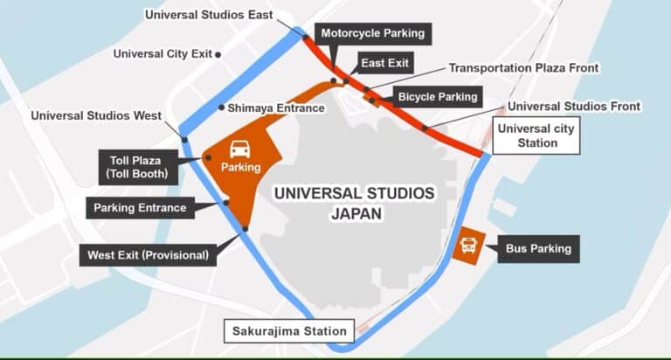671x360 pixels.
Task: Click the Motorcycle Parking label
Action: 372,33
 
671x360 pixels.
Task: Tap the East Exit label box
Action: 385,63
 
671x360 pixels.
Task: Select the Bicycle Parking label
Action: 438,96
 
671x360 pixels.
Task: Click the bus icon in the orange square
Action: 469,245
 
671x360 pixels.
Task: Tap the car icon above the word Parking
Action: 240,149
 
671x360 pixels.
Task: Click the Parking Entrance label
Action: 140,208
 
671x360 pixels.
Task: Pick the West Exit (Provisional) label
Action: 148,256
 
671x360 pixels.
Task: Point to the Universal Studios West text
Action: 95,115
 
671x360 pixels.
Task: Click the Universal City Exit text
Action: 163,54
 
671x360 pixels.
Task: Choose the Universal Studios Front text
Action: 574,106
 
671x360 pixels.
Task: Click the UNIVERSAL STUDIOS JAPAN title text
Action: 353,202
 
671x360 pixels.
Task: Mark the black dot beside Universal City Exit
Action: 218,54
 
